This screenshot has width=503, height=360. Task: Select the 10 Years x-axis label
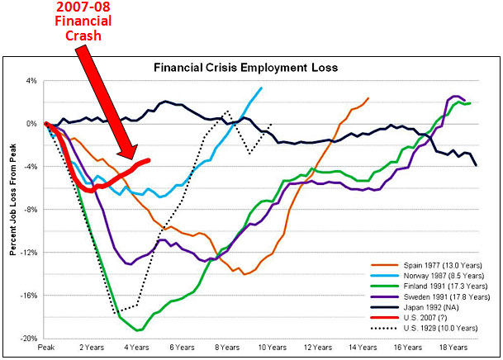pos(272,348)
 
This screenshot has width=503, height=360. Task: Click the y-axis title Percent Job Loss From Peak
pos(12,209)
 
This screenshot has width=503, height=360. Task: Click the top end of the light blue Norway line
pos(262,88)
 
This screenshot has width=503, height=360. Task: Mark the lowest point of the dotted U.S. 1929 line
pos(118,312)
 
